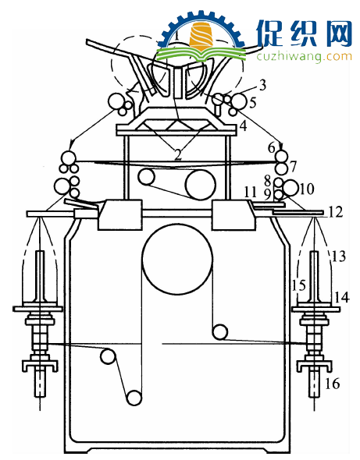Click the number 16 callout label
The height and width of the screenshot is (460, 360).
(x=333, y=384)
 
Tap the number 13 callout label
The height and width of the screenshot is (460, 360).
(x=339, y=256)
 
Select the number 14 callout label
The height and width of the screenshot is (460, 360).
(x=342, y=298)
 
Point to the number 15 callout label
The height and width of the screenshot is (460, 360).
(x=298, y=285)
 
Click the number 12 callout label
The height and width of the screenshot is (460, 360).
(x=335, y=212)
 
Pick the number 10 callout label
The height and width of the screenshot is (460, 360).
(x=307, y=189)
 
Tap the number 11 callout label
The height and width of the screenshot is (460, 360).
(x=251, y=193)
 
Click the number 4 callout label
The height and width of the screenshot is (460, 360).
(x=244, y=126)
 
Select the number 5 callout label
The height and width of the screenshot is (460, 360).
(x=253, y=103)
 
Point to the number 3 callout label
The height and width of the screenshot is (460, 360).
(x=262, y=85)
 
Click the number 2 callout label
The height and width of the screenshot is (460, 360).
(x=178, y=154)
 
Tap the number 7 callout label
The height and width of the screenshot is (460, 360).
(x=293, y=167)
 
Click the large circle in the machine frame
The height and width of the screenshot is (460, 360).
(x=177, y=259)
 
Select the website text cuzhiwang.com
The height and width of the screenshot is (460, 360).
(x=304, y=56)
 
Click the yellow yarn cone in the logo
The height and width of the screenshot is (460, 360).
(x=201, y=36)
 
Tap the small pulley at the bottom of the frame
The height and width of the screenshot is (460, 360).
(x=134, y=398)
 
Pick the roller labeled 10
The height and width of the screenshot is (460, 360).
(x=290, y=188)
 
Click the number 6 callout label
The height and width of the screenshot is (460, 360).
(x=272, y=148)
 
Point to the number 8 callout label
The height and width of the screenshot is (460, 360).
(x=267, y=181)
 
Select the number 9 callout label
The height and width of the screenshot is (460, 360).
(x=267, y=194)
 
